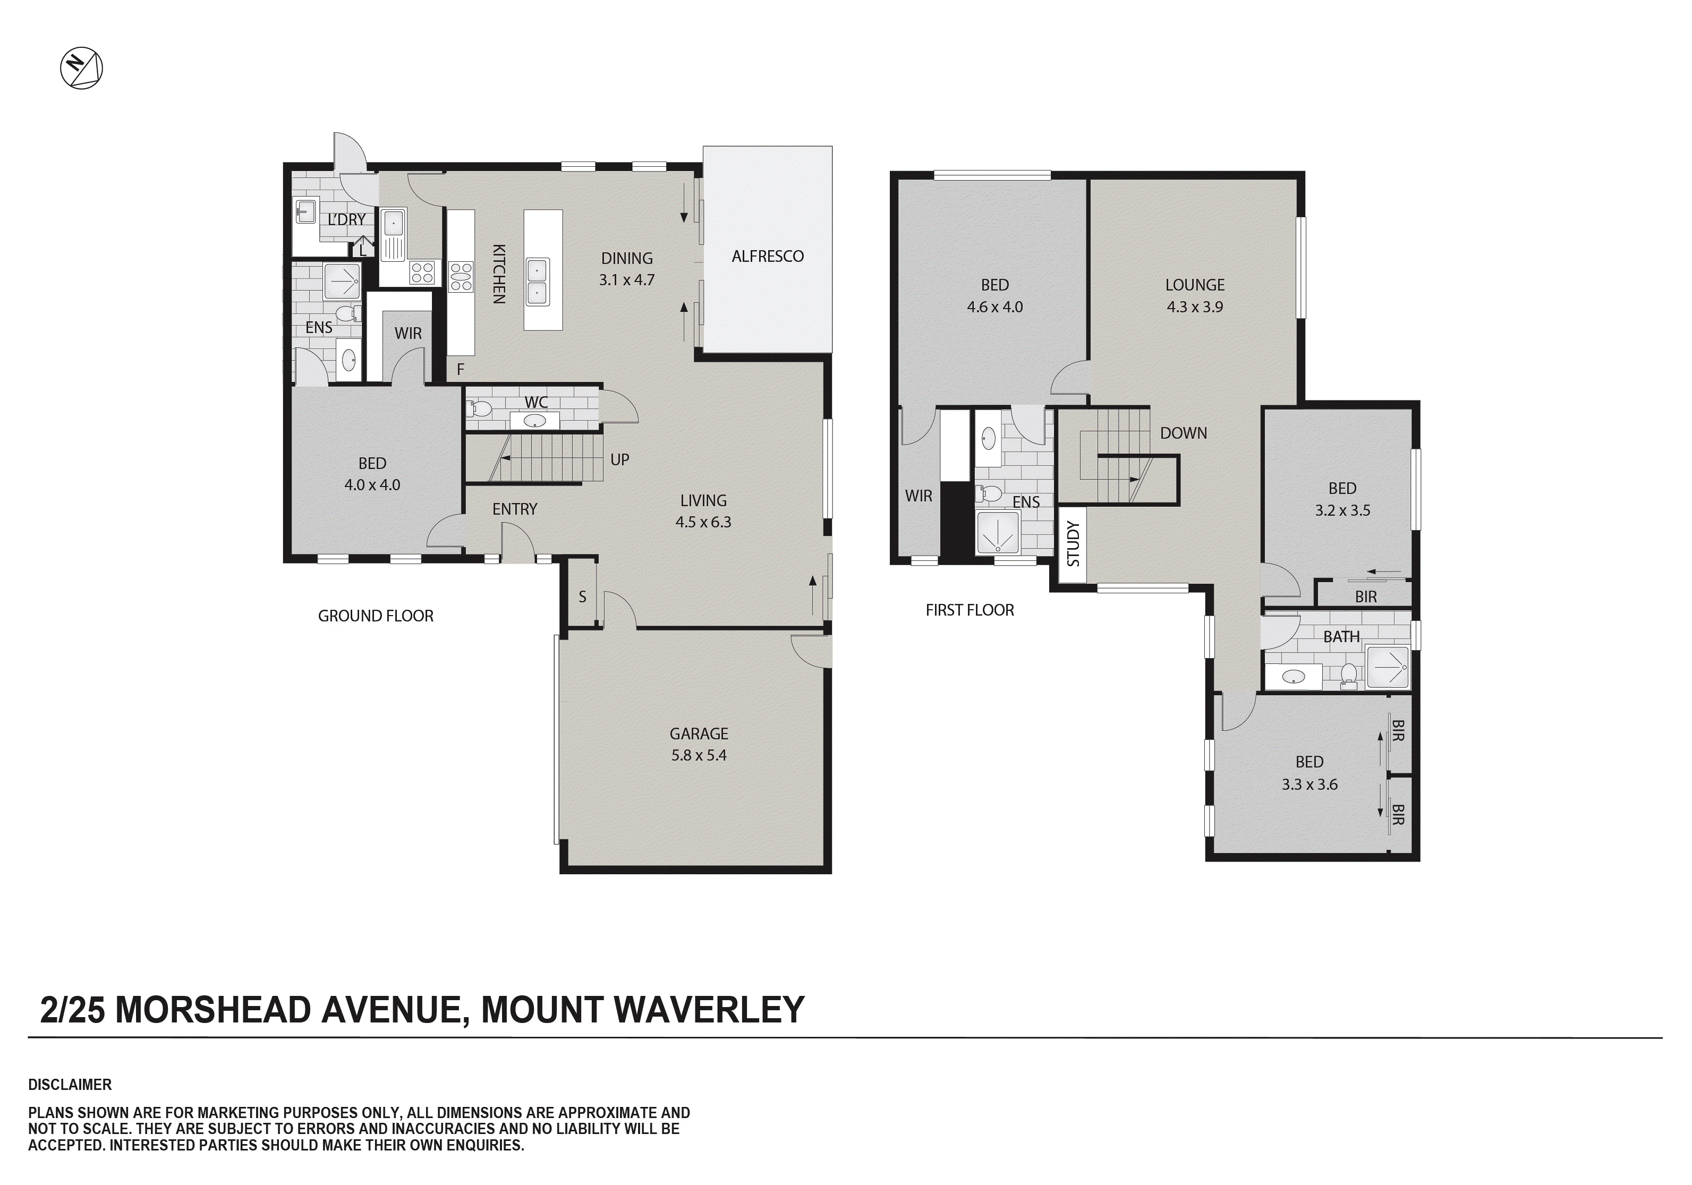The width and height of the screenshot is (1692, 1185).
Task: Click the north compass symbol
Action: [x=81, y=69]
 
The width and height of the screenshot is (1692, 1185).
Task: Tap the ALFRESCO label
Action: [x=767, y=257]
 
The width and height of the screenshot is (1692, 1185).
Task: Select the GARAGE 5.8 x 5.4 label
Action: [x=699, y=744]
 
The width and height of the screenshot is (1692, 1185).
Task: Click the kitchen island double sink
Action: [x=537, y=282]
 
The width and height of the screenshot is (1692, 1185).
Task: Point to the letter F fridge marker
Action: [x=461, y=369]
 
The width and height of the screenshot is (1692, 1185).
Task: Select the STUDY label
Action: [x=1073, y=544]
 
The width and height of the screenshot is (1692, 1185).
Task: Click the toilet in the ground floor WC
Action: [x=479, y=409]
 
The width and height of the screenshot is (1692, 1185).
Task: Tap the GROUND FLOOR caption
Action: [x=375, y=616]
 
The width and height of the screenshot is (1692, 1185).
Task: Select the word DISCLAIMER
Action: [x=70, y=1085]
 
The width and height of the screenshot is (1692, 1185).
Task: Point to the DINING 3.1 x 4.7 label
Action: [x=626, y=269]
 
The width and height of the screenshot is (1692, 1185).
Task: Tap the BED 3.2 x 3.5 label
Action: [x=1342, y=499]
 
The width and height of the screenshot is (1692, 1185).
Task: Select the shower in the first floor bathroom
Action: [x=1388, y=667]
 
